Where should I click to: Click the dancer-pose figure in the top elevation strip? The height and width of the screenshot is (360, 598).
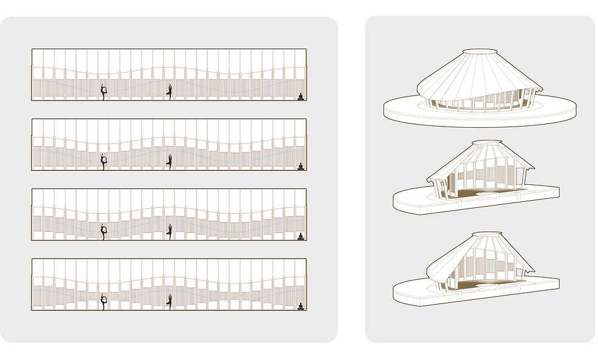(104, 92)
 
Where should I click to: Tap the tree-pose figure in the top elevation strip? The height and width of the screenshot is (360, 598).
(170, 92)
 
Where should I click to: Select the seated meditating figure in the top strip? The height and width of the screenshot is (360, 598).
(300, 96)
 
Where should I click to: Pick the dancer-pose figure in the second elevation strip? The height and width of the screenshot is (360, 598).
(104, 161)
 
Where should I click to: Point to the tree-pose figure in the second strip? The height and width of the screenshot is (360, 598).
(170, 161)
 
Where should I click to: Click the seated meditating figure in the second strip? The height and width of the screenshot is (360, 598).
(300, 166)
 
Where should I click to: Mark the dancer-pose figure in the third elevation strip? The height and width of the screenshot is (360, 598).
(104, 231)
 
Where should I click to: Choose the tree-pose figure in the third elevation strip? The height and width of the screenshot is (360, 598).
(170, 231)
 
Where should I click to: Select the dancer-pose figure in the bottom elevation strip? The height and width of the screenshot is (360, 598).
(104, 302)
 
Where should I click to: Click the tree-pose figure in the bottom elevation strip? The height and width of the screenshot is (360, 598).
(170, 302)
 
